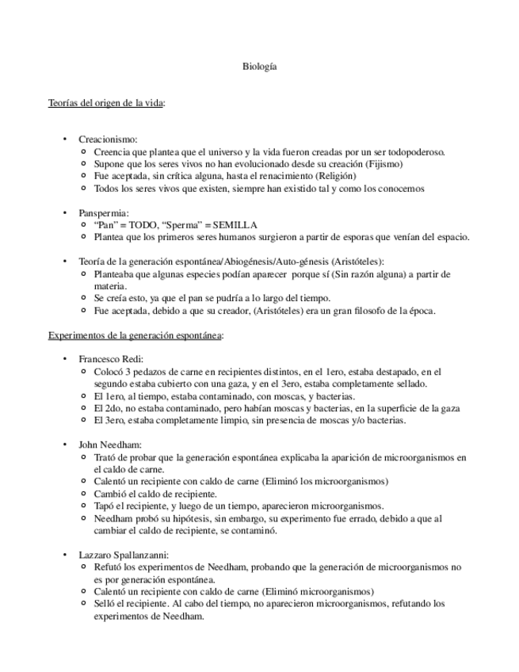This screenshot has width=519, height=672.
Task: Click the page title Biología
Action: pos(259,67)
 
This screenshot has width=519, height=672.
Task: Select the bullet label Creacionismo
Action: pos(108,139)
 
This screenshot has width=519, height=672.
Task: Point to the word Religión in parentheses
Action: pos(334,176)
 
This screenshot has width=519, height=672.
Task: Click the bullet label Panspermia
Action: pos(104,212)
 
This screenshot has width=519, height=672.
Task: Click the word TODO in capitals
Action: pos(144,225)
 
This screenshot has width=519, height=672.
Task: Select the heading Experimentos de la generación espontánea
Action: pos(135,335)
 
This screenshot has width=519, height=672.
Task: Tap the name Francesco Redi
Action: pos(111,360)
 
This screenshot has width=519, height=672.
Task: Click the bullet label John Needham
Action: pos(110,445)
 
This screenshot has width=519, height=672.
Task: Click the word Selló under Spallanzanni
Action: pos(105,604)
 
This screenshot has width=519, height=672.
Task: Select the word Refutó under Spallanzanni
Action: pos(109,567)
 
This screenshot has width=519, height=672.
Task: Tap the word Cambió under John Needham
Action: pos(110,494)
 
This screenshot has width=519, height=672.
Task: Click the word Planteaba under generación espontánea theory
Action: pos(116,274)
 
